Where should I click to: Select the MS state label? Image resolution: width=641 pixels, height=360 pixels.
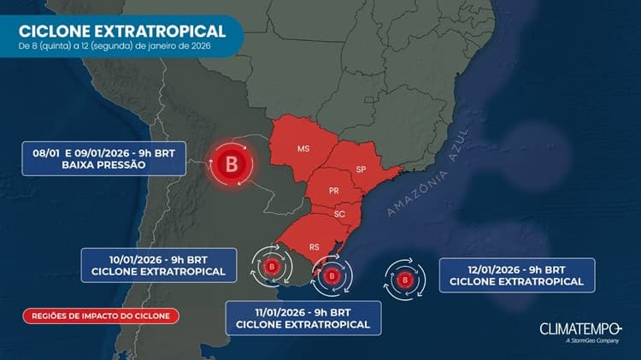point(303,149)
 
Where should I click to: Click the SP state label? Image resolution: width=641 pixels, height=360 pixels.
point(361,168)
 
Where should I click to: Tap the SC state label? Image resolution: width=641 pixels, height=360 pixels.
point(339,214)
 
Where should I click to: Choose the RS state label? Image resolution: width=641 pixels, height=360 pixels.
point(315,245)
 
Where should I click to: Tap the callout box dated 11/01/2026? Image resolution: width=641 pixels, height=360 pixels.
point(303,316)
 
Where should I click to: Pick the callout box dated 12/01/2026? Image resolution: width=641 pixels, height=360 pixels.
point(516,274)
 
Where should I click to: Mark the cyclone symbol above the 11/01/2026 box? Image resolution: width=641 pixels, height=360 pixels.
point(331,276)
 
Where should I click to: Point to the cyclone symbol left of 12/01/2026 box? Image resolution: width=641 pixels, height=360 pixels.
point(406,278)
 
